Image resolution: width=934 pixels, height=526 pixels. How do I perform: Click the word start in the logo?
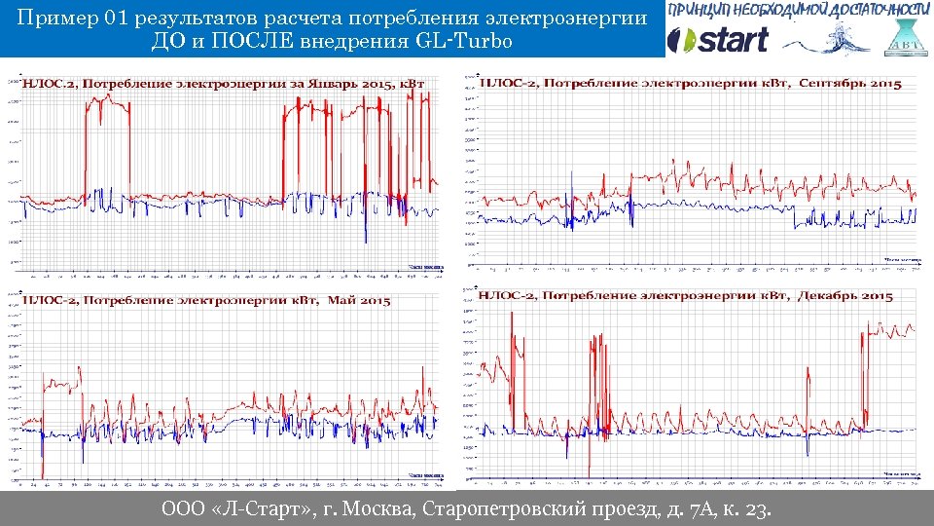click(x=731, y=40)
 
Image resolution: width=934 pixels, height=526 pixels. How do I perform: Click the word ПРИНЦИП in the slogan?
click(x=701, y=9)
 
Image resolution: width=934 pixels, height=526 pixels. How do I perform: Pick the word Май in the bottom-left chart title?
click(x=341, y=300)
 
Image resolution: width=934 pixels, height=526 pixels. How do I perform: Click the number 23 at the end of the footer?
click(x=753, y=510)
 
